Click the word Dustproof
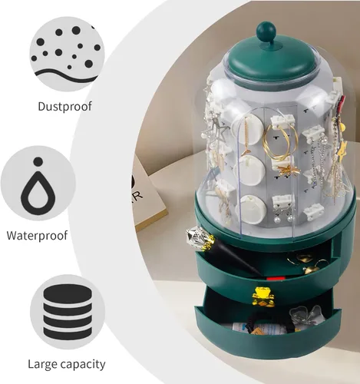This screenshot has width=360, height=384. (64, 107)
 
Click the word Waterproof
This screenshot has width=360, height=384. (37, 236)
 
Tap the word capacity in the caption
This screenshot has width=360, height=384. (81, 365)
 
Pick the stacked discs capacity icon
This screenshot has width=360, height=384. (68, 312)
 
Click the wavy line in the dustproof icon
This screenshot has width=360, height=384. (66, 74)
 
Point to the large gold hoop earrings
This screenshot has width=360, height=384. (280, 142)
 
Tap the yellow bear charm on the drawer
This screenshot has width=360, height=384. (263, 297)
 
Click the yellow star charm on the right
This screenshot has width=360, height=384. (342, 149)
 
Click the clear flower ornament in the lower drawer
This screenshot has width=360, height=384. (305, 316)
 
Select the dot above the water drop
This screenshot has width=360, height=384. (38, 162)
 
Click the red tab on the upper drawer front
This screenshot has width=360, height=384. (276, 279)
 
